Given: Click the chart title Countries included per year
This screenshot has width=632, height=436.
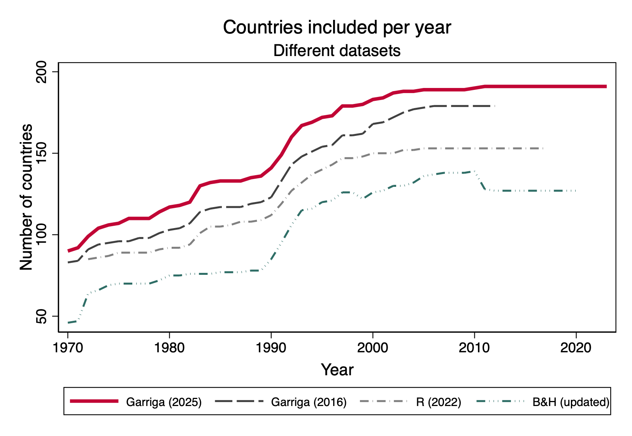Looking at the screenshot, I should (337, 28).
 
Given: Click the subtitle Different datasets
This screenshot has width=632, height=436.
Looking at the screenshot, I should (337, 51).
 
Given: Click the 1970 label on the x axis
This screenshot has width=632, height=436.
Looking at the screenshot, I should (68, 348).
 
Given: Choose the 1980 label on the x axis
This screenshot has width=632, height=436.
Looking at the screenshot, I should (169, 348).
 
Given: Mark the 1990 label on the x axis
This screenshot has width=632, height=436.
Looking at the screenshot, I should (271, 348).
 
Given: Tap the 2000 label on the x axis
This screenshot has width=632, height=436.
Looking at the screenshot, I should (373, 348).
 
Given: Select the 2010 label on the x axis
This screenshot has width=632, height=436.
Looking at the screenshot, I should (474, 348).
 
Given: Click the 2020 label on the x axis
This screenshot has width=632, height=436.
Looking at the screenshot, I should (576, 348).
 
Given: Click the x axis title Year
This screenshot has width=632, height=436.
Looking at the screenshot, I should (337, 370).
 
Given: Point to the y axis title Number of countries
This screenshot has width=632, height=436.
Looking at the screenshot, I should (26, 197).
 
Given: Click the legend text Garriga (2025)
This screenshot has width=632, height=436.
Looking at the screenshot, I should (164, 402).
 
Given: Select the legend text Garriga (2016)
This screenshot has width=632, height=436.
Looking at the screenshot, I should (309, 402).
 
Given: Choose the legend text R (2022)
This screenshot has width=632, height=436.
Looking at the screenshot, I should (439, 402).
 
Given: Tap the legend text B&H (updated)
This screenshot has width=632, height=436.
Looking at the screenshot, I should (571, 402).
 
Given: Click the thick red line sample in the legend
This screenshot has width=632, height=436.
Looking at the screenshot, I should (94, 401).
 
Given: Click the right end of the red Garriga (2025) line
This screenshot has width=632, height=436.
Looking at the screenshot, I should (606, 86).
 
